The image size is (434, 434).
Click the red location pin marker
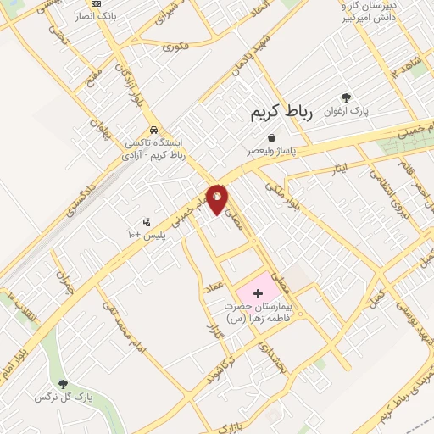(x=217, y=198)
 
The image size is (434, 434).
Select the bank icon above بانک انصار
(x=95, y=3)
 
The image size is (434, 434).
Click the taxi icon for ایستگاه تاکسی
(x=153, y=130)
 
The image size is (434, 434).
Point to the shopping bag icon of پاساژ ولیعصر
(x=271, y=137)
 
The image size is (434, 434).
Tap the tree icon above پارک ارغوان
(x=346, y=97)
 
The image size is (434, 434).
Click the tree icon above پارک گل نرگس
(x=62, y=384)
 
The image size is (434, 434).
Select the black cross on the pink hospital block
(x=258, y=292)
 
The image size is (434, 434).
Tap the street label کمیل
(x=376, y=298)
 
